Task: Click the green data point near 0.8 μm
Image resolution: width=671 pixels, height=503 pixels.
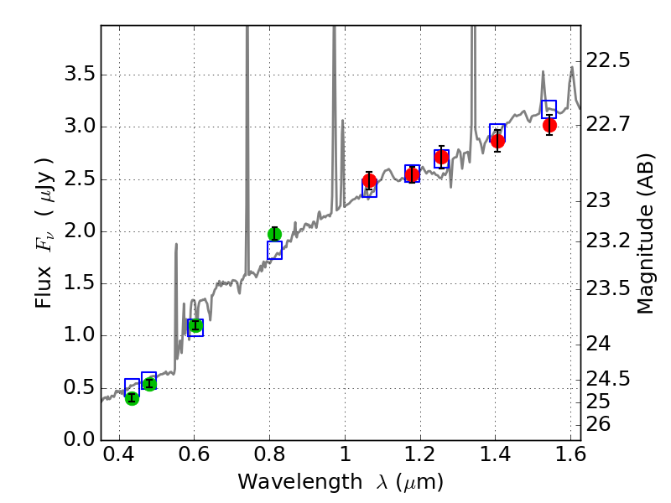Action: (274, 234)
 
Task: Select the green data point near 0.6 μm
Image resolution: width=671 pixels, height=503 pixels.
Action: (195, 325)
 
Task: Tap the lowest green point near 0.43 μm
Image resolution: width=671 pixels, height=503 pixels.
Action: (132, 397)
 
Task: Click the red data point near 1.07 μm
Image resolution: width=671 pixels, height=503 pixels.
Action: (369, 181)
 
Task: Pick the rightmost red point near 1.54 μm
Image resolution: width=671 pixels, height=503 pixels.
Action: (549, 125)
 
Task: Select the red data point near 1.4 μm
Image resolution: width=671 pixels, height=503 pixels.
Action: (497, 140)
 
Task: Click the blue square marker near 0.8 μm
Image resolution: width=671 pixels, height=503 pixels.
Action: (274, 250)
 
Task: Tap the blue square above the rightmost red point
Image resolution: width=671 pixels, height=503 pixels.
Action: (549, 109)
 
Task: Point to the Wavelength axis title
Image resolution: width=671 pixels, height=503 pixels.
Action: (340, 482)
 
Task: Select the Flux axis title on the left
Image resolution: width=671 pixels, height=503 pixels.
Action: (44, 232)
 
